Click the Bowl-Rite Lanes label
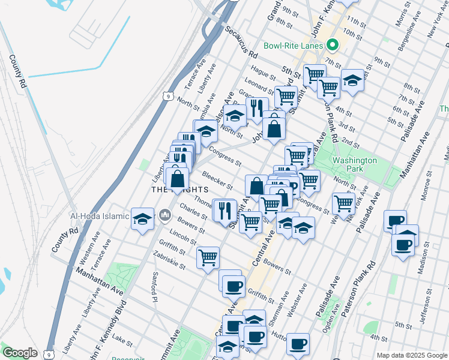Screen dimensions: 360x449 (x=294, y=46)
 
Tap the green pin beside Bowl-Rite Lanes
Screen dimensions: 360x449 (x=331, y=46)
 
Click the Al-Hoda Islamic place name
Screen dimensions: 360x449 (x=123, y=216)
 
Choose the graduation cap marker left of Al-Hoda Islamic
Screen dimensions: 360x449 (x=143, y=219)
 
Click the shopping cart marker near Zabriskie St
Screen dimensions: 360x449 (x=208, y=258)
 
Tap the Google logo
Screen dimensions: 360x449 (x=20, y=353)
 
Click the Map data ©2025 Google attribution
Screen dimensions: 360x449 (x=411, y=355)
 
